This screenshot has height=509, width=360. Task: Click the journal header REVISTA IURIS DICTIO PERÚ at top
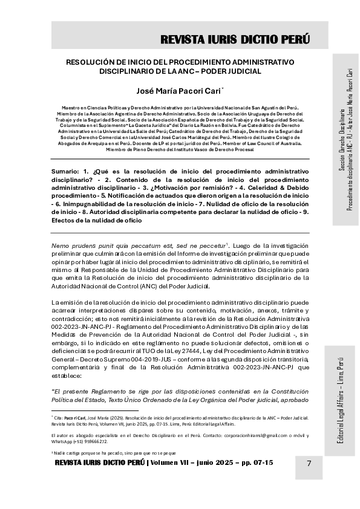235,40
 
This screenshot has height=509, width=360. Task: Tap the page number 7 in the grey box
309,463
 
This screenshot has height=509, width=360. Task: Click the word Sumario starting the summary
65,172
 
